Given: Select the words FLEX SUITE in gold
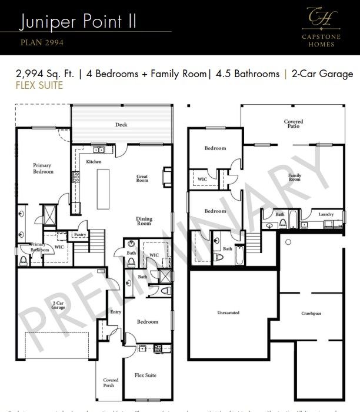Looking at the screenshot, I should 40,85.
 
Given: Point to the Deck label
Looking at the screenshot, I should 121,125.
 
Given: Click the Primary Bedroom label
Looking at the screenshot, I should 43,168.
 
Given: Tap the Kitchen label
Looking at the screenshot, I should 94,161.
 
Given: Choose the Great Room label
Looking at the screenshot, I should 142,178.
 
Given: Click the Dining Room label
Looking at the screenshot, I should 144,221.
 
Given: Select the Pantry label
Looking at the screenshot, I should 80,234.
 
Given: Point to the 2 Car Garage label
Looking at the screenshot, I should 58,305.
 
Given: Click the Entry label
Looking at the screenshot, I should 116,313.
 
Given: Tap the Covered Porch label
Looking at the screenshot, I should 111,383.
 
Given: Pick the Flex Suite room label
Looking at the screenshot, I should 145,375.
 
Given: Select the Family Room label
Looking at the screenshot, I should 294,177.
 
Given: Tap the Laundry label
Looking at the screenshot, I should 326,214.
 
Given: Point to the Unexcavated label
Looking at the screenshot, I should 228,313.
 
